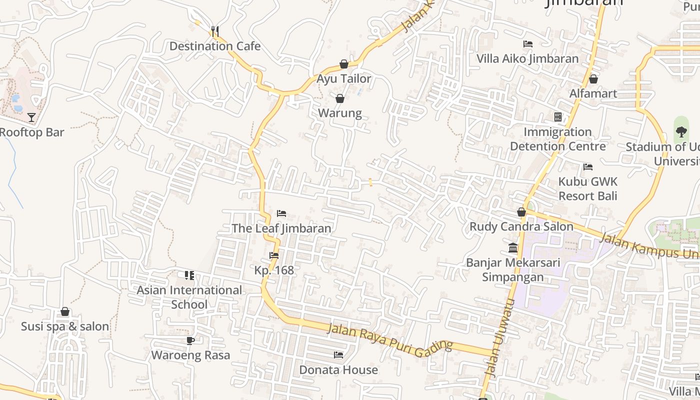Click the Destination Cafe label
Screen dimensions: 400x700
point(215,46)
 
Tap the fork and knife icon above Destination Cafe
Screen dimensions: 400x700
point(215,32)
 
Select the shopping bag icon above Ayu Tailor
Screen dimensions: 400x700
point(344,64)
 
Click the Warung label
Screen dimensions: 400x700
point(340,113)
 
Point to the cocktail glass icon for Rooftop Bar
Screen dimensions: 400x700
point(31,117)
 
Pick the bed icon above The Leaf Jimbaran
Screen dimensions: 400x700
point(281,213)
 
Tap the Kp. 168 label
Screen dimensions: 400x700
point(274,270)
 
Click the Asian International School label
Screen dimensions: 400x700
point(189,297)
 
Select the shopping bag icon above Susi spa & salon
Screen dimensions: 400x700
point(65,312)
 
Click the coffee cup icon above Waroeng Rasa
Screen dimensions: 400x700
point(190,341)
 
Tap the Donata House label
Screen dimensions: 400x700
point(338,370)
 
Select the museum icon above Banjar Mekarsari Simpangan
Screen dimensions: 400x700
point(513,248)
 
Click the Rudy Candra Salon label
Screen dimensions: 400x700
point(521,226)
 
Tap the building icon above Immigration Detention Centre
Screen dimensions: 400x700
point(558,117)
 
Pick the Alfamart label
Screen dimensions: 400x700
point(593,93)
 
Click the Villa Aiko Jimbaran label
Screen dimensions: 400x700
point(527,58)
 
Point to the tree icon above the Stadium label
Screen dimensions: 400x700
point(681,132)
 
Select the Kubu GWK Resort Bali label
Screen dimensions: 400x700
point(588,188)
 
